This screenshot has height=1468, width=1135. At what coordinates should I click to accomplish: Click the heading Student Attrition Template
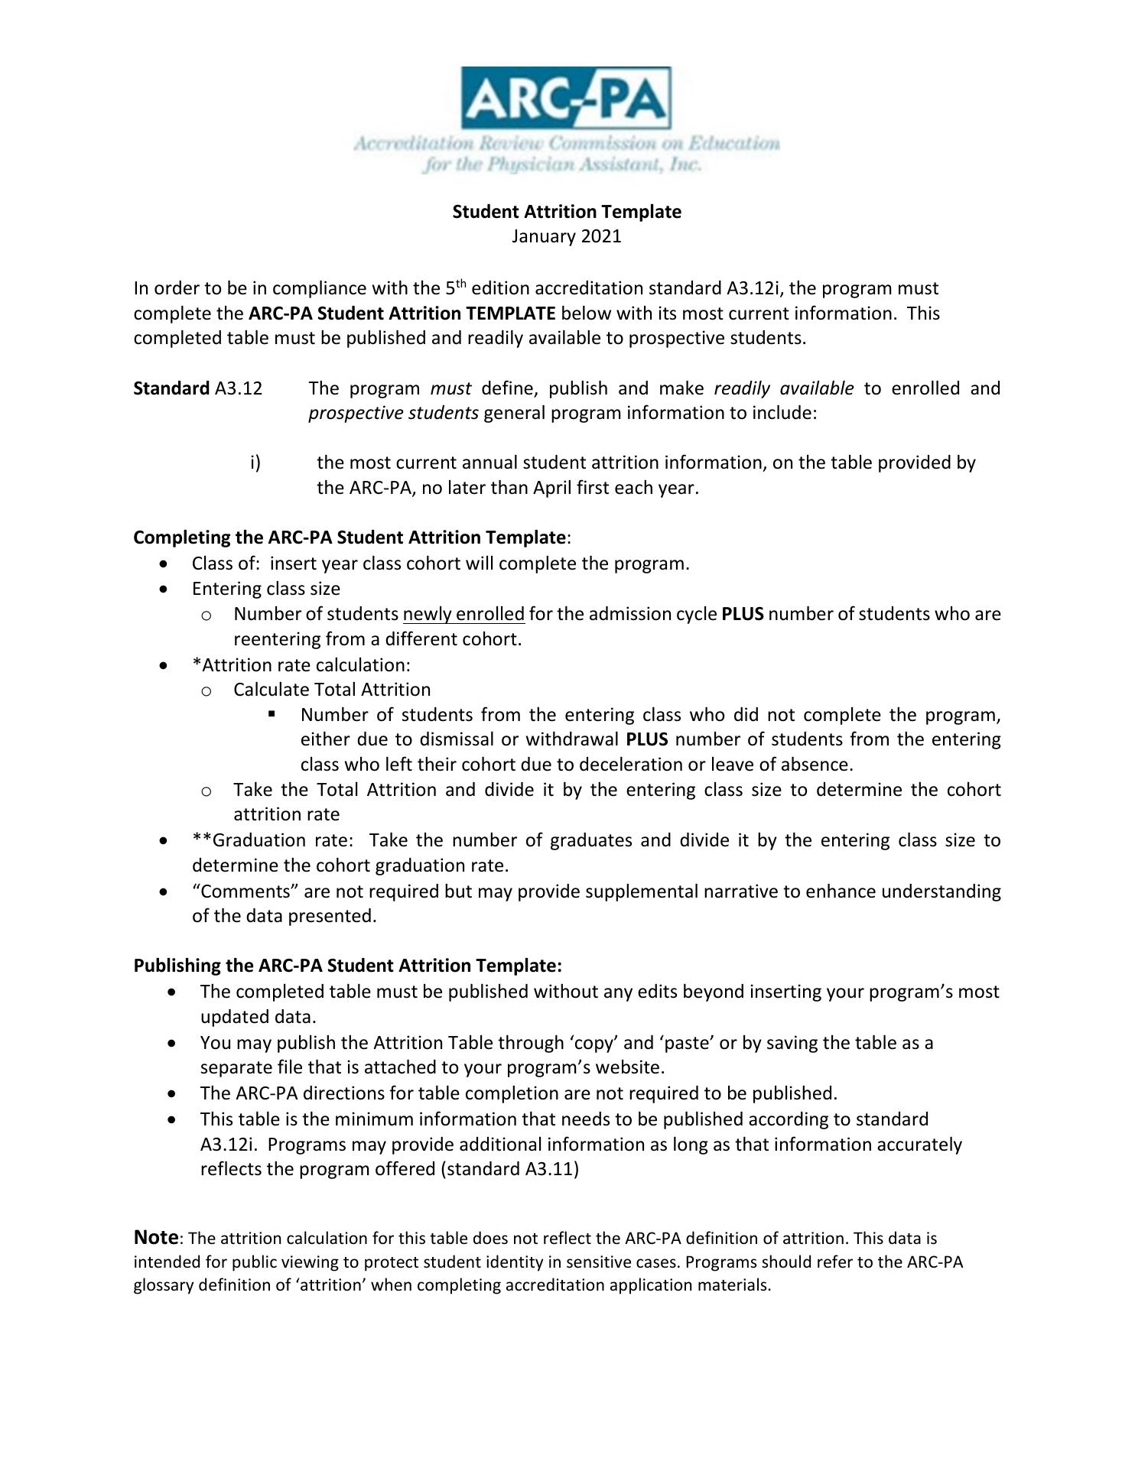pyautogui.click(x=566, y=212)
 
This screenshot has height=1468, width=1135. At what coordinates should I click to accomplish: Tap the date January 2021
pyautogui.click(x=566, y=236)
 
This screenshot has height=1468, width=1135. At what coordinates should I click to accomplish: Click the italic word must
pyautogui.click(x=450, y=388)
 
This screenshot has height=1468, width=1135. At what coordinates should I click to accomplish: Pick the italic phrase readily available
pyautogui.click(x=783, y=388)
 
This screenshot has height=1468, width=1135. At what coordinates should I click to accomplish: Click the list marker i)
pyautogui.click(x=255, y=463)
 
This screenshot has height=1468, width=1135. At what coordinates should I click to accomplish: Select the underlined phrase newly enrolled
pyautogui.click(x=463, y=614)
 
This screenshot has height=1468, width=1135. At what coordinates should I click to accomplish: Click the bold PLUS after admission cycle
pyautogui.click(x=742, y=614)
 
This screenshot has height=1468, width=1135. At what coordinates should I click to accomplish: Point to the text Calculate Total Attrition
pyautogui.click(x=332, y=690)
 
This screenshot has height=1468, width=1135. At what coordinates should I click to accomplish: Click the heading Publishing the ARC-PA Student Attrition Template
pyautogui.click(x=347, y=966)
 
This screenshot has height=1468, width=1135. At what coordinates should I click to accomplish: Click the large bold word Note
pyautogui.click(x=155, y=1236)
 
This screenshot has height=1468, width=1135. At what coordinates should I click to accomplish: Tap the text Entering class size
pyautogui.click(x=266, y=589)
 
